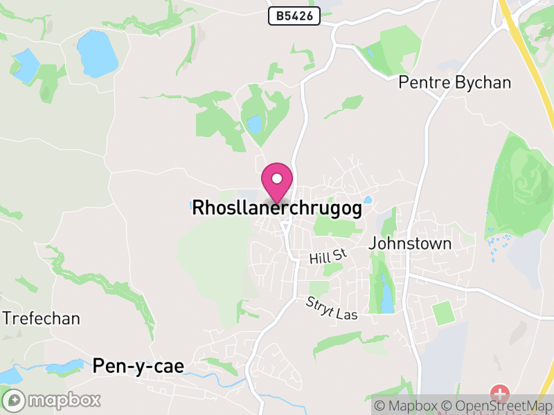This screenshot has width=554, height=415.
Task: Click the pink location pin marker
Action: tap(277, 181)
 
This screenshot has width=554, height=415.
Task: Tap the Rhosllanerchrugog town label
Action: tap(277, 208)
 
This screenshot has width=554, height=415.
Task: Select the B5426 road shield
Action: tap(294, 16)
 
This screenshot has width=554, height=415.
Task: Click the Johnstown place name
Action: tap(410, 243)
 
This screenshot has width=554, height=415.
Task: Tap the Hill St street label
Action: tap(328, 257)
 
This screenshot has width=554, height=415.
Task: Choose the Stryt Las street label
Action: tap(332, 309)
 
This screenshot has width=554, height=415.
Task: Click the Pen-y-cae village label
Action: tap(138, 366)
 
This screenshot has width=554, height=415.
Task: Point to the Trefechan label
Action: tap(42, 319)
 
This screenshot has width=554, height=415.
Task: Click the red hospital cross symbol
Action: tap(499, 395)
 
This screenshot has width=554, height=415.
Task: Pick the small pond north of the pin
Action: tap(255, 124)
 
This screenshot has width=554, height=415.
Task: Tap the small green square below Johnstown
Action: tap(443, 313)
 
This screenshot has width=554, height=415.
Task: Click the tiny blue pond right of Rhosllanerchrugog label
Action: tap(368, 200)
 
